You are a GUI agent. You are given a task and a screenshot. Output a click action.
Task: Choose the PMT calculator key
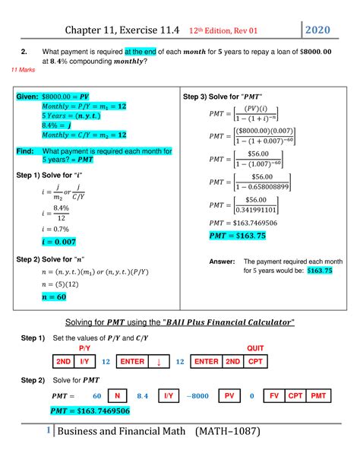tap(318, 396)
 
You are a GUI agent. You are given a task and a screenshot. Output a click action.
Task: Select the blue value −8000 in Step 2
tap(197, 396)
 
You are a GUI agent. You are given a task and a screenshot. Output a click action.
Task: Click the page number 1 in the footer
tap(48, 431)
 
